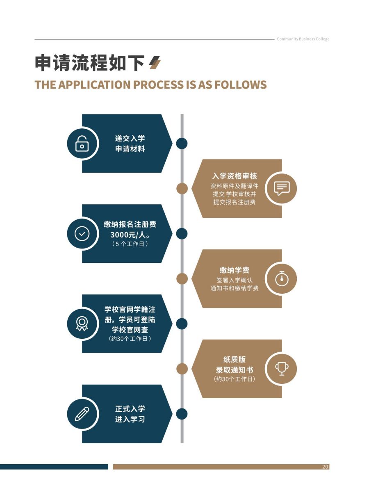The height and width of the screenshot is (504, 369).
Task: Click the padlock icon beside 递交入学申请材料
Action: (82, 144)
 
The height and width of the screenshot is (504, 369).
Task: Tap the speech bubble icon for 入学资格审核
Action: (282, 188)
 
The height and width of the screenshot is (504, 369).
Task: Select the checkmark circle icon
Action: (82, 234)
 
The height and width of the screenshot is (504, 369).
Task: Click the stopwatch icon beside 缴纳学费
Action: (282, 278)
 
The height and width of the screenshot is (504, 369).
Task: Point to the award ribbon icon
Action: (82, 324)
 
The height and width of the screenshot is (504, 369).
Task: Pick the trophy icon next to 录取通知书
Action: (282, 369)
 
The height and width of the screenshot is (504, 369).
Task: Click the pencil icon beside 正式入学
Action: (82, 414)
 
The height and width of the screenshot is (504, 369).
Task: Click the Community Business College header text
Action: (303, 39)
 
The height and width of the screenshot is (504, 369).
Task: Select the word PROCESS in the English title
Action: (158, 84)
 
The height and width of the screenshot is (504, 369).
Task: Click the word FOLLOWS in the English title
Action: (241, 84)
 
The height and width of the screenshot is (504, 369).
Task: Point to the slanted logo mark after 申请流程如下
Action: (155, 62)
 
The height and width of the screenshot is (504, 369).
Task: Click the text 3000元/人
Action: (129, 235)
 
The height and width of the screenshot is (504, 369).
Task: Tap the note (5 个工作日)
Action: (130, 244)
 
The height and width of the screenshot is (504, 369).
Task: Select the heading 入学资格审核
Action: (235, 176)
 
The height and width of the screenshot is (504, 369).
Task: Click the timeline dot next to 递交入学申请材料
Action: (182, 144)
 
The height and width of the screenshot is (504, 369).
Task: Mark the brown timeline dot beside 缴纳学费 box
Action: (182, 279)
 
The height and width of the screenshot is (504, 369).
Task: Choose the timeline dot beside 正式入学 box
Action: (182, 414)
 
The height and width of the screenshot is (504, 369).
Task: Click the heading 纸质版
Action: (235, 359)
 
